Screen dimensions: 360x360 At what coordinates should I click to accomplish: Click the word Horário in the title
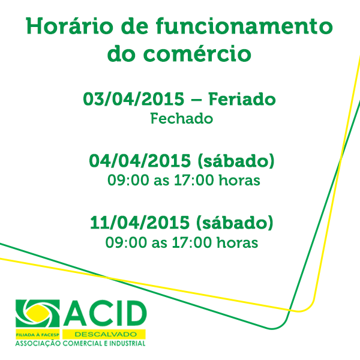pos(70,26)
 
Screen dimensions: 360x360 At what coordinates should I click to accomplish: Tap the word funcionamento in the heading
pos(244,26)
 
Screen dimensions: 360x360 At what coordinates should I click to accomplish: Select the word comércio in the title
pos(197,54)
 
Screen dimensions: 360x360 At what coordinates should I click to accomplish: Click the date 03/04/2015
pos(134,99)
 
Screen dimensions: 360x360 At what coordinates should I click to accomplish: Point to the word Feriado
pos(242,99)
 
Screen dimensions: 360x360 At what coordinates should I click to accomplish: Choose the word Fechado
pos(182,119)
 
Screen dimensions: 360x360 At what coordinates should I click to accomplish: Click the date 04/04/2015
pos(140,161)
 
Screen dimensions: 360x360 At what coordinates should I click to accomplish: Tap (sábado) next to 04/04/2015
pos(236,161)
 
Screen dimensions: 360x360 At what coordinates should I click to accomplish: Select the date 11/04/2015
pos(140,223)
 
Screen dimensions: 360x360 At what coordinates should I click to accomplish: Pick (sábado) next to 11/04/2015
pos(235,223)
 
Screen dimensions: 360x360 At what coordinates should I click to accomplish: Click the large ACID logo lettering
pos(105,313)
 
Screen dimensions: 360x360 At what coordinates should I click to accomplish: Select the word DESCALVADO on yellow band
pos(106,334)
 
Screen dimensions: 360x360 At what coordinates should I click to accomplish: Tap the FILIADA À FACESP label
pos(37,335)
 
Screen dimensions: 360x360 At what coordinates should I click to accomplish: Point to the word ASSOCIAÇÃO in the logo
pos(38,343)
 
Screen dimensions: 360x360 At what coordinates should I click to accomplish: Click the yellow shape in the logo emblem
pos(37,313)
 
